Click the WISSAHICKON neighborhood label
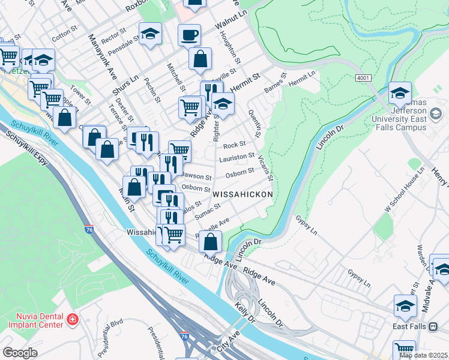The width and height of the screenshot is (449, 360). point(243,195)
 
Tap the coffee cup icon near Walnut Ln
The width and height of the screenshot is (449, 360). point(189,35)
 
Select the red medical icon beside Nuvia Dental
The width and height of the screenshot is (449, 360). point(73,319)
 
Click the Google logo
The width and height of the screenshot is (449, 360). point(20,353)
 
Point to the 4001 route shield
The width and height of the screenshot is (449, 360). point(363,78)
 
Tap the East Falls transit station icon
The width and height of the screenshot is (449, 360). point(433,326)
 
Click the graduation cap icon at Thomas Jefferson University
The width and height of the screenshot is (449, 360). point(400,93)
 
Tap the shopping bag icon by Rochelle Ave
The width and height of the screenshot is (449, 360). point(210,242)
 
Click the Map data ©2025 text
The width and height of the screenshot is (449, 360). point(423,355)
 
